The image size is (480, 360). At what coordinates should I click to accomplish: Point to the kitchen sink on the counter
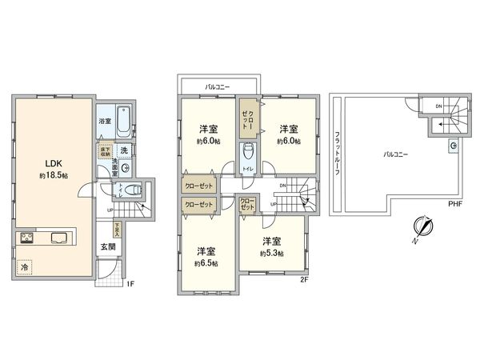pos(60,237)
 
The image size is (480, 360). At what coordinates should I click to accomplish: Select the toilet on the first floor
pos(133,191)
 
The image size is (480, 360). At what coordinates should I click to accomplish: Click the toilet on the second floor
pos(249,154)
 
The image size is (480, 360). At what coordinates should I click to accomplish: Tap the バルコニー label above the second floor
pos(218,84)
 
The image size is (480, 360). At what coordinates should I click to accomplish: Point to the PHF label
pos(455,204)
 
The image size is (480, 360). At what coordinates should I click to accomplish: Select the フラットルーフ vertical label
pos(338,152)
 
